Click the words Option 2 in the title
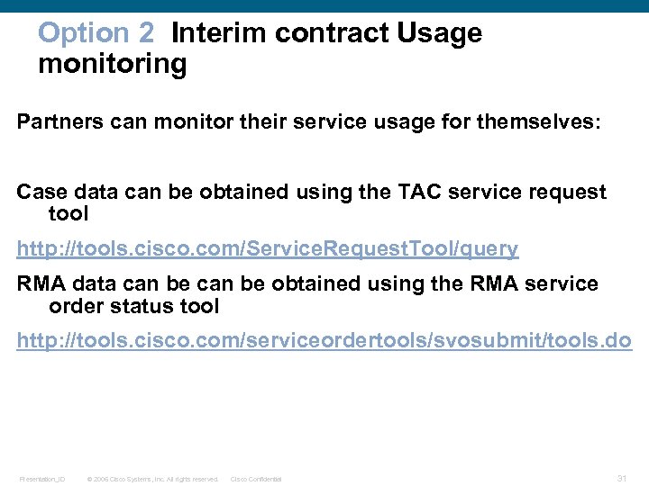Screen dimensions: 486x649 click(96, 33)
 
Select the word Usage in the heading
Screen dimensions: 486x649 click(441, 33)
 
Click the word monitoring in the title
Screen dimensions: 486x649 click(113, 65)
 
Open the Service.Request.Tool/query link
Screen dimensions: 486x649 click(268, 248)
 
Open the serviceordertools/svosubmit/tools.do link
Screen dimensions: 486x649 click(324, 341)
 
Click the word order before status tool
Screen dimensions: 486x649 click(75, 306)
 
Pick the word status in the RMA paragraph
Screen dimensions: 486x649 click(143, 306)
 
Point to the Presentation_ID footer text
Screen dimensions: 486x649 click(41, 479)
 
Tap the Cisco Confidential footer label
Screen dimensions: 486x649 click(256, 479)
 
